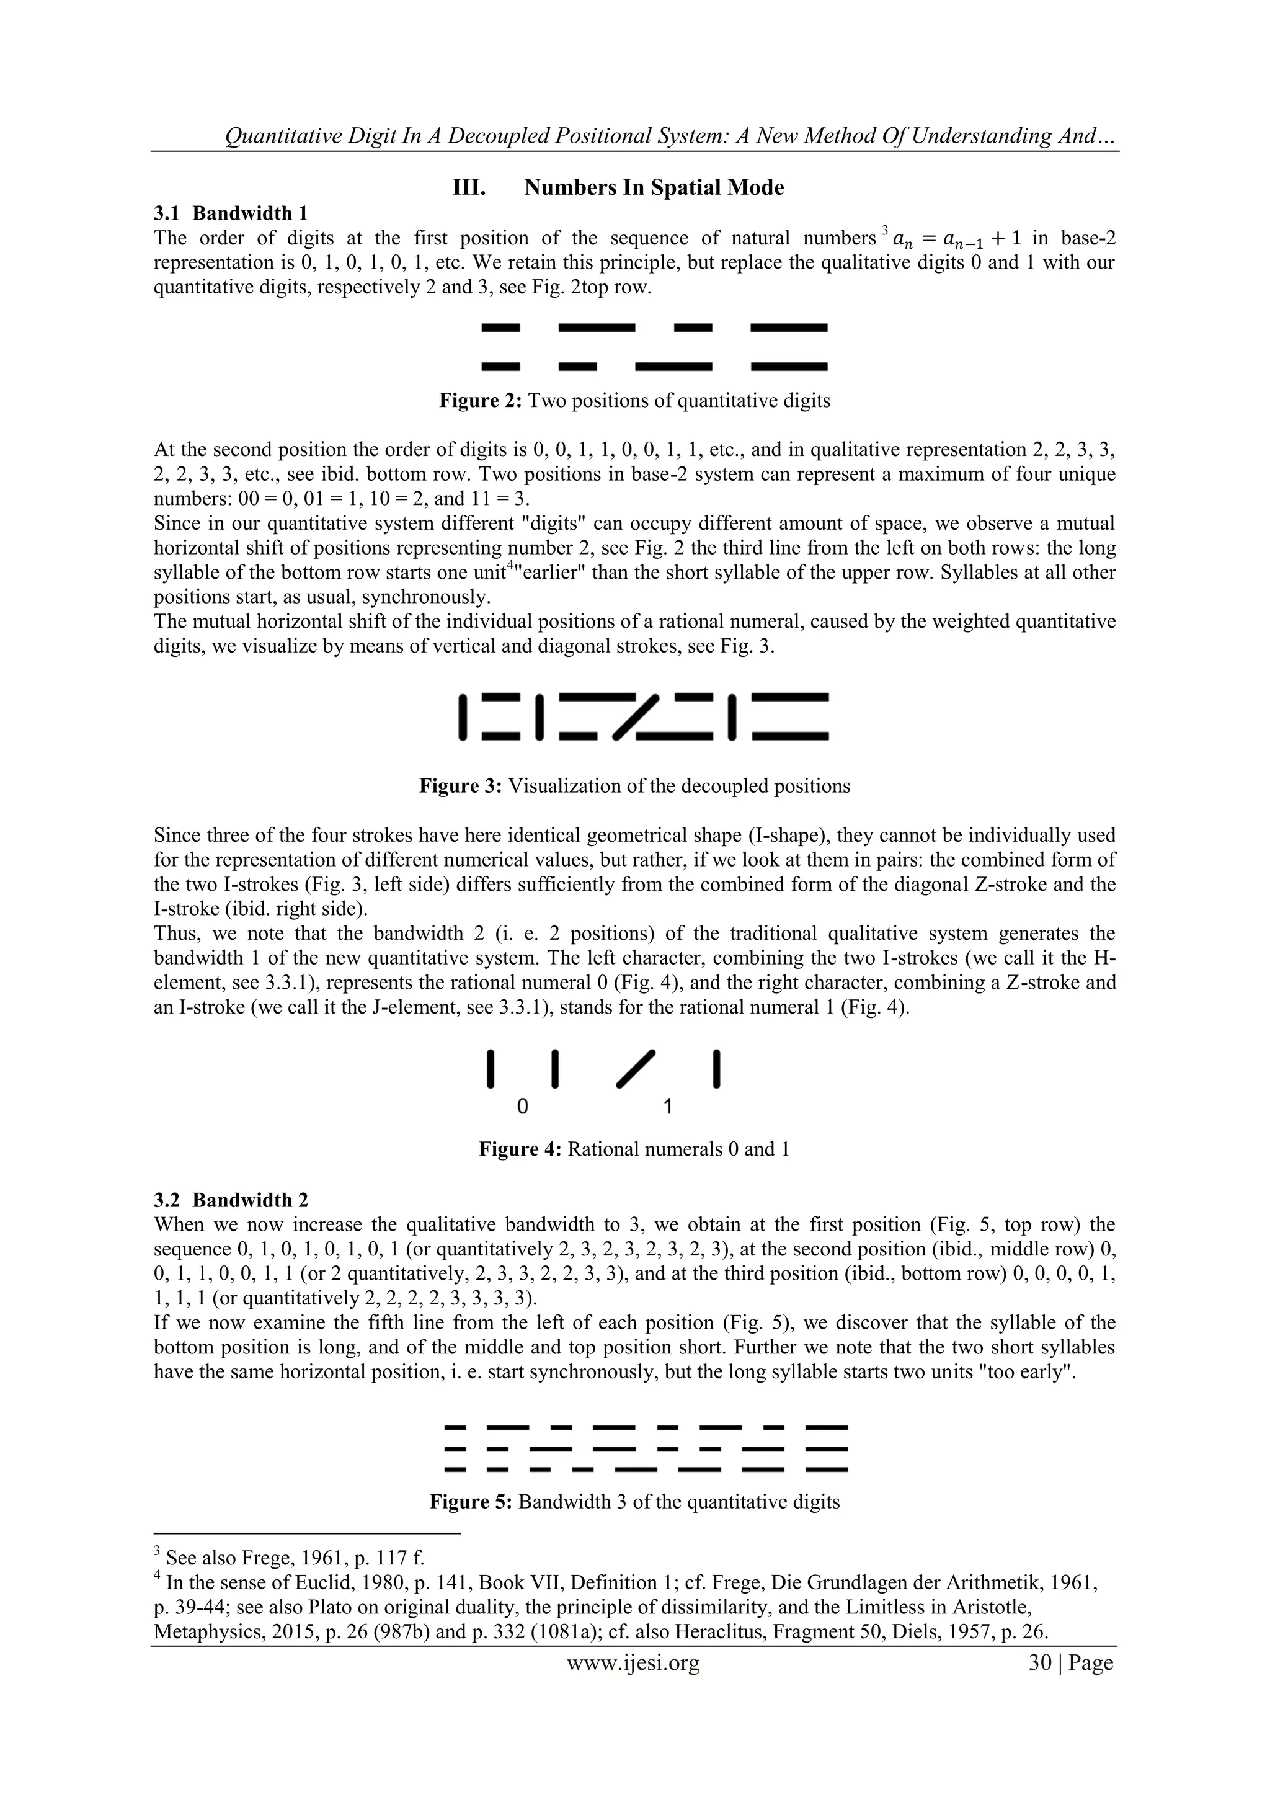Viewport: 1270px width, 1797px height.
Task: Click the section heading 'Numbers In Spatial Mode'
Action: click(x=654, y=188)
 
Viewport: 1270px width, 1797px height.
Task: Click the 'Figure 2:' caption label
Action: click(x=481, y=401)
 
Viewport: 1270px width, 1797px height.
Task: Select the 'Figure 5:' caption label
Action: click(x=471, y=1502)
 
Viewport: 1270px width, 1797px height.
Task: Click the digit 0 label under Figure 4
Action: click(x=523, y=1107)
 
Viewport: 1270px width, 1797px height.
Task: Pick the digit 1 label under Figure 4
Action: click(x=667, y=1107)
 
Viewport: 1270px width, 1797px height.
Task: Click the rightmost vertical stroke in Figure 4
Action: click(x=716, y=1069)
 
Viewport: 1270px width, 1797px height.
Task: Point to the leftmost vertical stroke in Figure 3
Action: click(x=463, y=716)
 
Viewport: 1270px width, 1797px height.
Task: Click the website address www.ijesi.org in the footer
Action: click(x=633, y=1662)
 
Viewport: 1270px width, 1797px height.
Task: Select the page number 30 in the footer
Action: click(x=1040, y=1662)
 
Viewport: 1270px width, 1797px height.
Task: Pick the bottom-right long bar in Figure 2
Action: click(x=789, y=365)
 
